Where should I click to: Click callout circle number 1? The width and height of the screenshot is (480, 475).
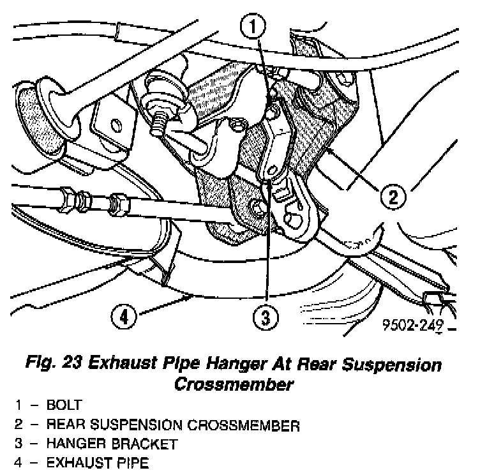pyautogui.click(x=253, y=26)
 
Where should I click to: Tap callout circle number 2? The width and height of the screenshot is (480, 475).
pyautogui.click(x=393, y=197)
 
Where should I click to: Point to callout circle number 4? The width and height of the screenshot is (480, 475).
pyautogui.click(x=125, y=315)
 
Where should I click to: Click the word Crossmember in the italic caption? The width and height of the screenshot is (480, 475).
pyautogui.click(x=233, y=384)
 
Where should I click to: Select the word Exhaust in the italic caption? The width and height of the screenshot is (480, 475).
pyautogui.click(x=121, y=366)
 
